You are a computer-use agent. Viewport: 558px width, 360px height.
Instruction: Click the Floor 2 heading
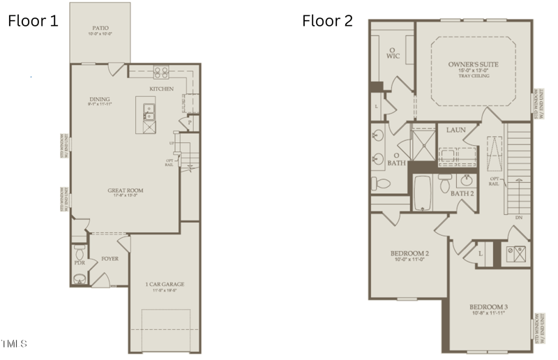tap(327, 20)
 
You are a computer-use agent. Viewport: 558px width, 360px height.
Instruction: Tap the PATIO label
tap(100, 28)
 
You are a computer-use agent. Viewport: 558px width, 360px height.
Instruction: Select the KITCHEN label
tap(161, 89)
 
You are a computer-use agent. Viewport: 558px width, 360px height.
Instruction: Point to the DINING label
tap(100, 99)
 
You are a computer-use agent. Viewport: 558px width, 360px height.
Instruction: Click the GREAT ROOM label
tap(125, 190)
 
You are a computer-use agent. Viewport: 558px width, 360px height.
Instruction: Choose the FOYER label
tap(110, 258)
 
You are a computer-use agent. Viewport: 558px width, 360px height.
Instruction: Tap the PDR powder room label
tap(80, 263)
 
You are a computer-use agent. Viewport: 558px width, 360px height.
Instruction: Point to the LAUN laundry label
tap(456, 130)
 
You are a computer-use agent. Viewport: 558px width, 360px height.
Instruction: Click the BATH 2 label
tap(462, 193)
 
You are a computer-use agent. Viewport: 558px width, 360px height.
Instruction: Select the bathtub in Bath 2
tap(422, 193)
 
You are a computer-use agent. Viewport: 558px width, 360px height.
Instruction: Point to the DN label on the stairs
tap(518, 218)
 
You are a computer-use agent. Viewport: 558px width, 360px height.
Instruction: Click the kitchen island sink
tap(149, 110)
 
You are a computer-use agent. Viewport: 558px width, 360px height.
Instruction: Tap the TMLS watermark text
tap(15, 344)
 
